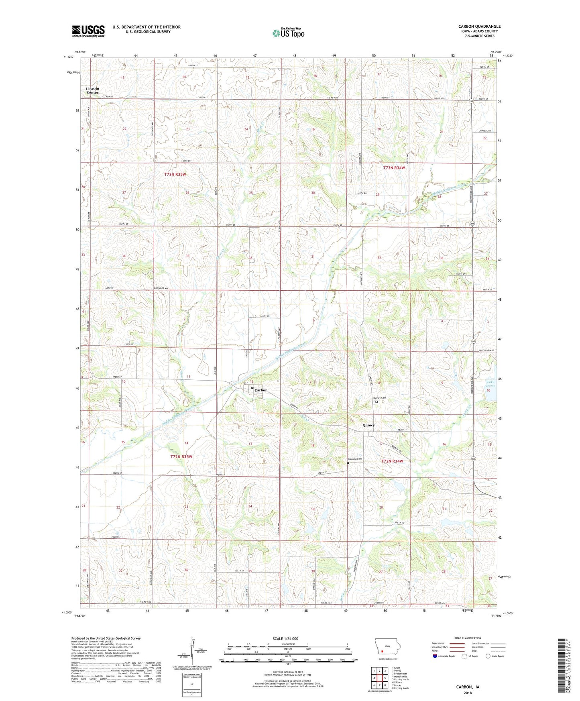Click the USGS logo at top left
[88, 31]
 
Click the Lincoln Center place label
[92, 90]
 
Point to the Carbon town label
[260, 390]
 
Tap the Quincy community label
[368, 425]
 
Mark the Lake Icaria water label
[491, 383]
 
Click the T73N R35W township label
[175, 175]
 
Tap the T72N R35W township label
[181, 457]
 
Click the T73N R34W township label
[394, 168]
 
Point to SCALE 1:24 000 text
[285, 638]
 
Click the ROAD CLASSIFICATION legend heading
[468, 638]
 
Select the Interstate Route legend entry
[444, 656]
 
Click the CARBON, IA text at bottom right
[468, 687]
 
